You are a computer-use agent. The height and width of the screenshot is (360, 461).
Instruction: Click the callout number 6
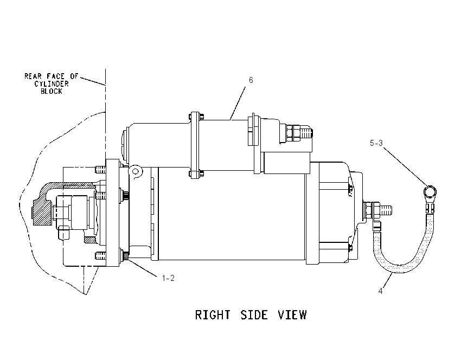[251, 80]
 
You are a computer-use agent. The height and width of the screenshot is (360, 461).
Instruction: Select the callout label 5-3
[376, 143]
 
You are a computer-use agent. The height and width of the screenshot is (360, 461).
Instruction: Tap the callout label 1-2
[168, 278]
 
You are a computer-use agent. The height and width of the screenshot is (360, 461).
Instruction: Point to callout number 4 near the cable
[380, 291]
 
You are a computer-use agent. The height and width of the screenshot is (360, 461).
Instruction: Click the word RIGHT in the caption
[213, 315]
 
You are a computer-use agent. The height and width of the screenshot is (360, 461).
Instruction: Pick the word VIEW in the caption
[292, 315]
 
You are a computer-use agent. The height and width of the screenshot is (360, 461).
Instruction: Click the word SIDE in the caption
[254, 315]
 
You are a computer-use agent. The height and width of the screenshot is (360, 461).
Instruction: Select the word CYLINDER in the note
[52, 83]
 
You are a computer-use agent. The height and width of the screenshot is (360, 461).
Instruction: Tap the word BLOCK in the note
[52, 92]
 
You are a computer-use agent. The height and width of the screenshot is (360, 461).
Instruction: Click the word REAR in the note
[33, 76]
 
